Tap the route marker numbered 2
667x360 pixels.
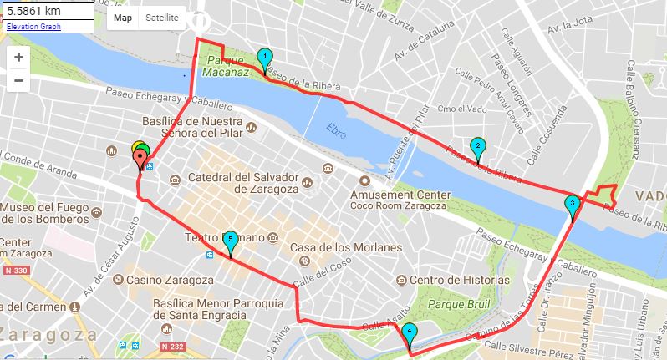coord(477,148)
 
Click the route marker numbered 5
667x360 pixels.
coord(231,241)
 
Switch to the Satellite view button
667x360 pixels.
coord(161,18)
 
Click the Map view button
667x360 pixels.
coord(123,18)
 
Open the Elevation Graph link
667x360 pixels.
coord(33,27)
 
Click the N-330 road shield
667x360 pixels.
coord(16,270)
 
